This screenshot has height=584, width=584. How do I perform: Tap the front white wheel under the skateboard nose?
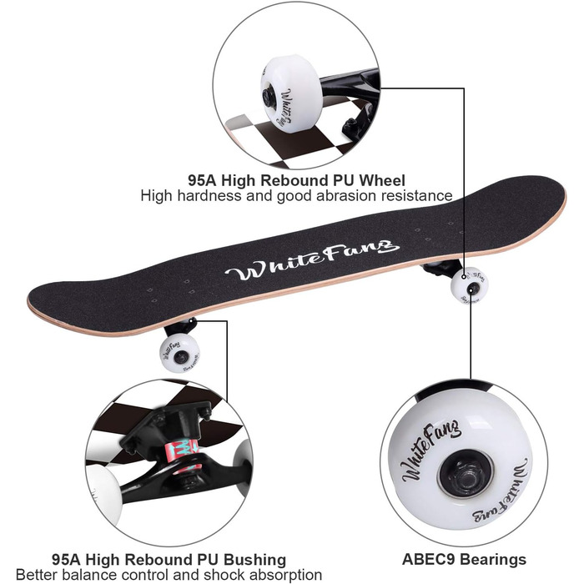tap(469, 285)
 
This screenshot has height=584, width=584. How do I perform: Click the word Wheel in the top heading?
tap(382, 180)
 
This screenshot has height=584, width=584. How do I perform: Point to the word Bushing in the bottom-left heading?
tap(254, 560)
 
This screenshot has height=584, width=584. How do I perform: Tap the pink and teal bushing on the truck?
tap(185, 454)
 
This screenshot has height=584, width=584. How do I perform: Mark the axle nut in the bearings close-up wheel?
tap(466, 476)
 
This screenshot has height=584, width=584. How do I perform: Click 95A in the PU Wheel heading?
tap(202, 180)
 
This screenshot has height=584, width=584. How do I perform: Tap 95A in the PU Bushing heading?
tap(66, 560)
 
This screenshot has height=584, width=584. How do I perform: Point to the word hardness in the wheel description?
tap(209, 195)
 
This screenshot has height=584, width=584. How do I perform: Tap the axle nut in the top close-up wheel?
tap(268, 98)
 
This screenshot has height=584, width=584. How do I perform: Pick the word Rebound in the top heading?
tap(292, 180)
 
